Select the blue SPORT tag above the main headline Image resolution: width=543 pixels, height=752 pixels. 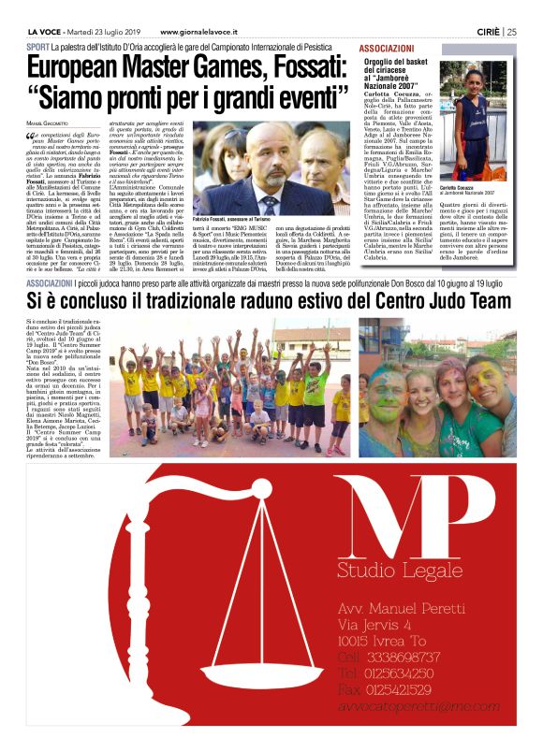coord(37,46)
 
